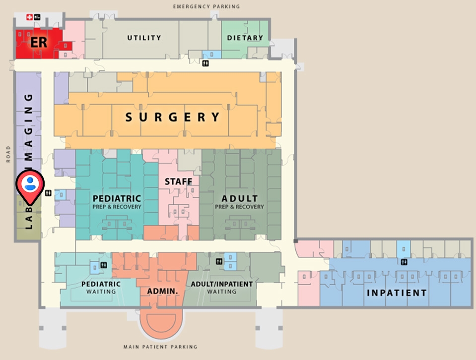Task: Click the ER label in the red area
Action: [x=39, y=42]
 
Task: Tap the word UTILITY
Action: [x=144, y=38]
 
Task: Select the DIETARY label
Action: [x=245, y=38]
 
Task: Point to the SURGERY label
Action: [x=172, y=118]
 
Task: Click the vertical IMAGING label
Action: [x=29, y=126]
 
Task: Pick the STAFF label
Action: [x=178, y=182]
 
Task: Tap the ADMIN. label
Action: [x=163, y=291]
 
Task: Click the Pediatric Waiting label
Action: [x=101, y=288]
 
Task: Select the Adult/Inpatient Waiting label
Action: [x=222, y=288]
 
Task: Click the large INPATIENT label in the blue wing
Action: [x=397, y=293]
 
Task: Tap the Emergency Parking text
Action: [x=206, y=6]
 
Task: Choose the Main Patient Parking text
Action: [x=160, y=347]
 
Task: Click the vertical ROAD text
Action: [x=8, y=154]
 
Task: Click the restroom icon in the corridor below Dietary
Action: [x=205, y=63]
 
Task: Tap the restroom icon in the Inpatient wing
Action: [x=405, y=261]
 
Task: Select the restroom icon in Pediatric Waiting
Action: [x=104, y=265]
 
